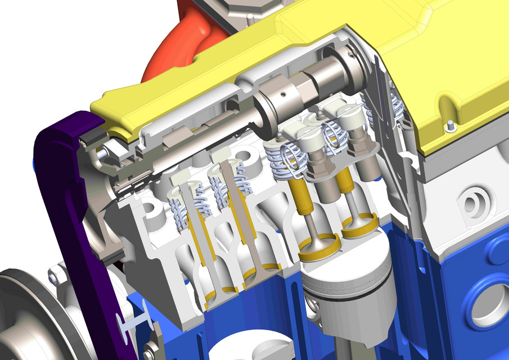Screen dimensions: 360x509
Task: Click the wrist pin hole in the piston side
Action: pyautogui.click(x=313, y=307)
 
